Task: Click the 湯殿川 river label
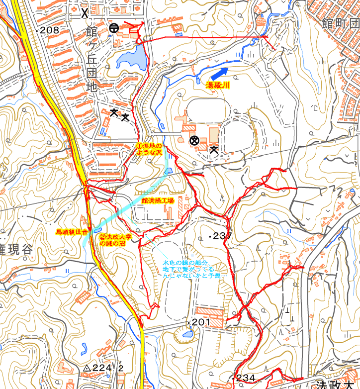click(x=218, y=86)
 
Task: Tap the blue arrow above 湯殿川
click(x=216, y=74)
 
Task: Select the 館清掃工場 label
click(x=158, y=200)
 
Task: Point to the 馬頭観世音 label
click(x=72, y=232)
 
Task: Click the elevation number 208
click(x=49, y=30)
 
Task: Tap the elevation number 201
click(x=201, y=323)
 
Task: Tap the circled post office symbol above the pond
click(x=113, y=28)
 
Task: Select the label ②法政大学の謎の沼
click(x=115, y=240)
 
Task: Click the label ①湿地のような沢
click(x=150, y=148)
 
